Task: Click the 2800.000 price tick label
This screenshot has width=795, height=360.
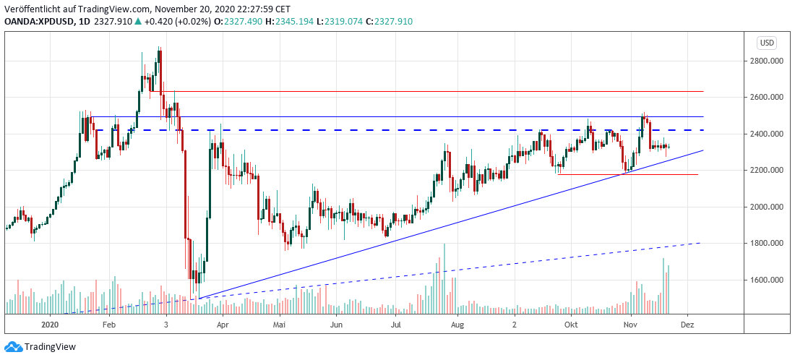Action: [x=768, y=61]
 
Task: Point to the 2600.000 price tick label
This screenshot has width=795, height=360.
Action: [x=768, y=97]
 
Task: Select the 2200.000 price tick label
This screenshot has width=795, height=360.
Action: [x=768, y=170]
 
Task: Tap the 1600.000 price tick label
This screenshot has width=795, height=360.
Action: [x=768, y=280]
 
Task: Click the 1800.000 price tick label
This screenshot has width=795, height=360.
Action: [x=768, y=243]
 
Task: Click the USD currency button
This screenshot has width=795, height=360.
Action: [x=767, y=43]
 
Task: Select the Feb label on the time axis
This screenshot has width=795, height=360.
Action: [x=108, y=325]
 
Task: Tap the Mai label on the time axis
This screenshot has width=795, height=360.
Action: [x=278, y=325]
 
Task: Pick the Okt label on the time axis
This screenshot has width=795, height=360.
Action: [x=572, y=325]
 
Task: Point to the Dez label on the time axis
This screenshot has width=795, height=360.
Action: [x=687, y=325]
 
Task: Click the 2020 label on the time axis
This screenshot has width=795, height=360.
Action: [x=50, y=325]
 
